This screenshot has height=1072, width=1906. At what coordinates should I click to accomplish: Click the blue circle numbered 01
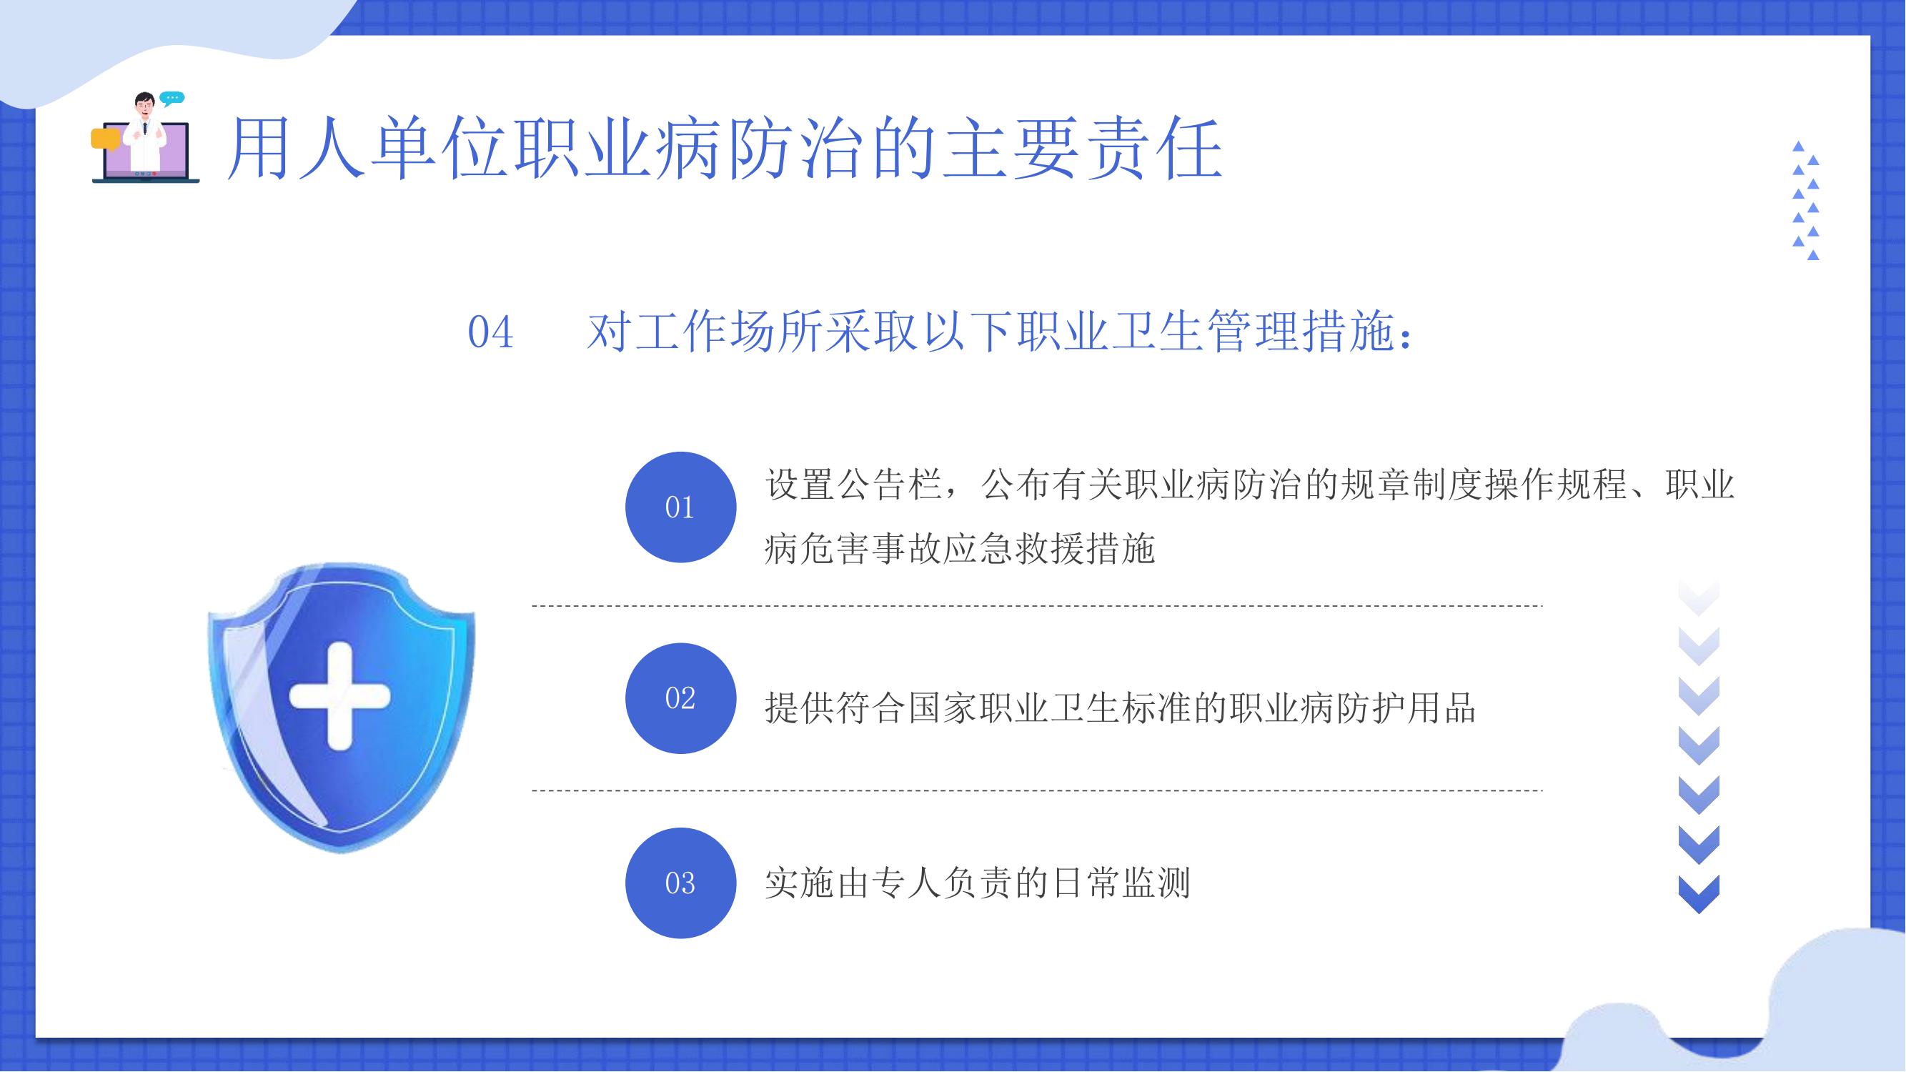click(680, 507)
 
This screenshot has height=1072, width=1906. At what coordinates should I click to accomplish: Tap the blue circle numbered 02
click(680, 698)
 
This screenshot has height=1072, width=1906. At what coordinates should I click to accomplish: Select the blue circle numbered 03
click(680, 883)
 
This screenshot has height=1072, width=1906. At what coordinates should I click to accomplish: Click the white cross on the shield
click(339, 696)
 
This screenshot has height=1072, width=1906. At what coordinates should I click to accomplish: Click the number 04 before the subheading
click(490, 332)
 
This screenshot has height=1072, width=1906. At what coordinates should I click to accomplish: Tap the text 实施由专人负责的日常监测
click(978, 883)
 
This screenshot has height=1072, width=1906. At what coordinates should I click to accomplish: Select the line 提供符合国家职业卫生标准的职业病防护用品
click(1119, 708)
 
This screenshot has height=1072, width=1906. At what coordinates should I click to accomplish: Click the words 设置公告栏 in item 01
click(853, 485)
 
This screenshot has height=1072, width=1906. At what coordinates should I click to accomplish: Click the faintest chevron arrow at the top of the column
click(1699, 597)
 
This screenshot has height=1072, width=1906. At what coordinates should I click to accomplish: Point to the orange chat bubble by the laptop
click(104, 139)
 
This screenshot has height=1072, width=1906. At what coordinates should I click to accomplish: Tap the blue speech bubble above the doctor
click(172, 99)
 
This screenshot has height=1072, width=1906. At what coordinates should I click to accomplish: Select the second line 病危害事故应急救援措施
click(960, 549)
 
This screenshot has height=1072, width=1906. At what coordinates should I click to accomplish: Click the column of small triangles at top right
click(1806, 201)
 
